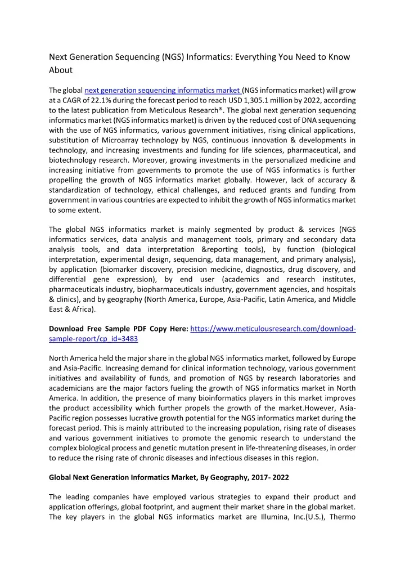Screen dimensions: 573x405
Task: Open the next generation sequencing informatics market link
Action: pyautogui.click(x=163, y=91)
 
